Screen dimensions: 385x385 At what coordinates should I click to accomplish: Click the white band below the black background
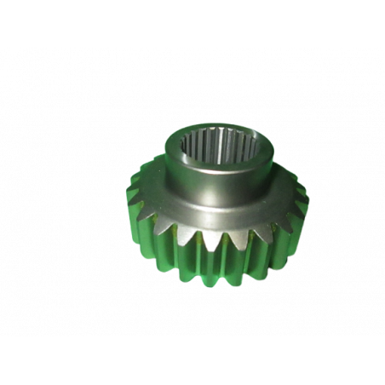coord(192,361)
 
